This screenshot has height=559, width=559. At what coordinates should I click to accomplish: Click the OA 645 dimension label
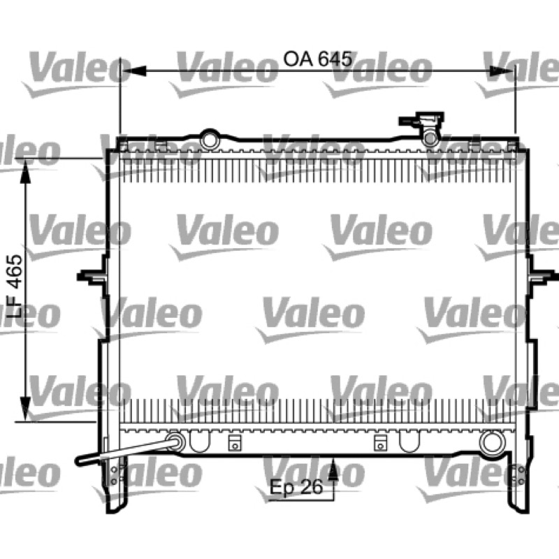318,59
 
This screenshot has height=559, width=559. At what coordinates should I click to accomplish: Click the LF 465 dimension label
15,286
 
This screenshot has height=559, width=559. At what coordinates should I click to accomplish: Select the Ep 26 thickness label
296,487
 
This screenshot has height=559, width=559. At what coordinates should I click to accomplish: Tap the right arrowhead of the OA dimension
502,71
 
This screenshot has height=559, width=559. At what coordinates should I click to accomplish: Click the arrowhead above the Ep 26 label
333,468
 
